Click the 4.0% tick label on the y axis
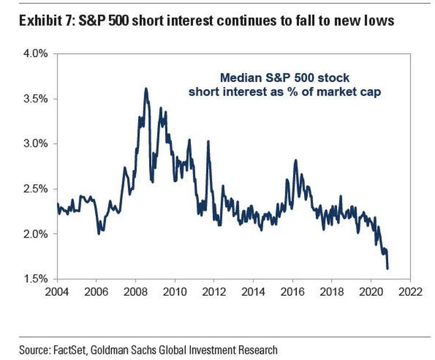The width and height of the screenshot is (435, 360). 37,54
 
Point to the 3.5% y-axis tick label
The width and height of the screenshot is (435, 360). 37,99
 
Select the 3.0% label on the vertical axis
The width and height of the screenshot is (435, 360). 37,144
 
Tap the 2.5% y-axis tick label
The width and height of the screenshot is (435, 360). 37,189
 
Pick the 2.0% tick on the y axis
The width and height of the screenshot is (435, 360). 37,234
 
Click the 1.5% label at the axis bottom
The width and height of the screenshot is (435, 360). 37,279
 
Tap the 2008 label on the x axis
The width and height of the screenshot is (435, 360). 135,290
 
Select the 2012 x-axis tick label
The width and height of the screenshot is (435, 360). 214,290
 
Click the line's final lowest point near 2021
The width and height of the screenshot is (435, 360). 387,268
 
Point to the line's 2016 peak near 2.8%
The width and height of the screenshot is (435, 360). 295,160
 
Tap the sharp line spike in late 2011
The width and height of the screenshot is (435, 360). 208,141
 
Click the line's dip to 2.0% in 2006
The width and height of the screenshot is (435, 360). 98,233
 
